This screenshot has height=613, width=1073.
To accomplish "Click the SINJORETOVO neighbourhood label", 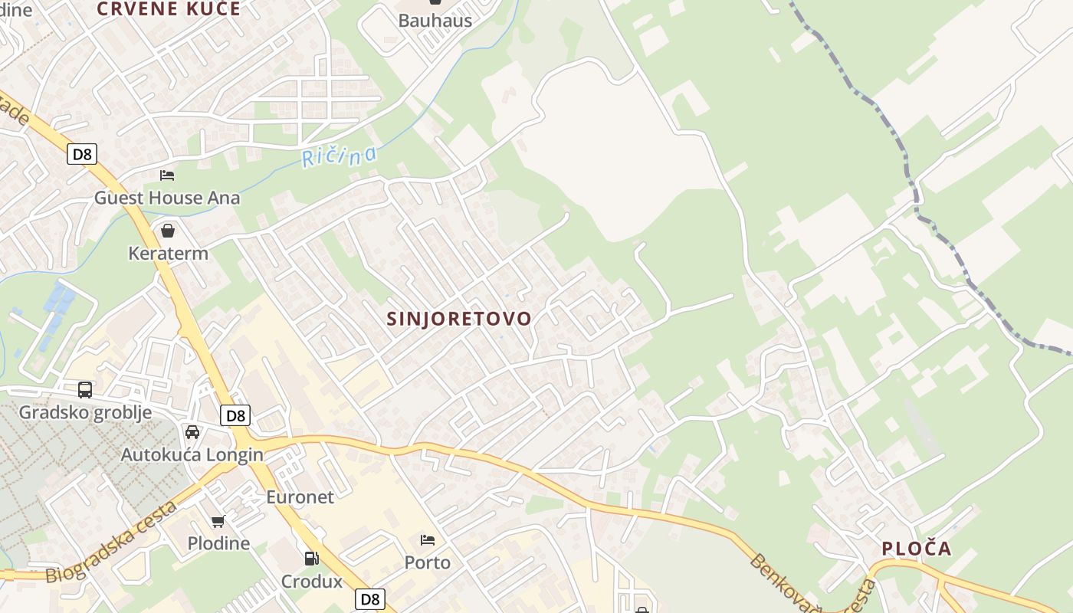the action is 458,319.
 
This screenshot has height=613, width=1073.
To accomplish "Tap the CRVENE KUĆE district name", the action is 169,9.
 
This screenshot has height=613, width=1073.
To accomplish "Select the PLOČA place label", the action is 916,549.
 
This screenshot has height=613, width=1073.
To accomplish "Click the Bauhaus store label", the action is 435,21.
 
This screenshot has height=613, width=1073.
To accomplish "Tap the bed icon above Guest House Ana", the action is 167,175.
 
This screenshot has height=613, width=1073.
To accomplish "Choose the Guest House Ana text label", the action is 167,198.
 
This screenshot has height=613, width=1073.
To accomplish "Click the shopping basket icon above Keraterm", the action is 168,231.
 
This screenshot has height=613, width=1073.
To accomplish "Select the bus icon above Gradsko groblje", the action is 85,389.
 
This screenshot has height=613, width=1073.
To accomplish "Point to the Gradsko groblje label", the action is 85,412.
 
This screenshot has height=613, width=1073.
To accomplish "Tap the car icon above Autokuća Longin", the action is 192,431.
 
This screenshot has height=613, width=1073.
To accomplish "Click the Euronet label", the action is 300,497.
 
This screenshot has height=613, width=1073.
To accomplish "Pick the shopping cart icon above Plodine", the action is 218,521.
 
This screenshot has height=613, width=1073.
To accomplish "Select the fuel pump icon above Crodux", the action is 311,559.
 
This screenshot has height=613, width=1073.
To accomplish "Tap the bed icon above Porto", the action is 428,540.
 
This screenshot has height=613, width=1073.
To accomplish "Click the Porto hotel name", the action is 428,562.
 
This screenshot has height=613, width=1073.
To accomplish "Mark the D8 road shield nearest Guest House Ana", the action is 81,154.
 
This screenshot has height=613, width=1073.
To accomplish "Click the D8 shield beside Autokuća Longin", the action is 235,415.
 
